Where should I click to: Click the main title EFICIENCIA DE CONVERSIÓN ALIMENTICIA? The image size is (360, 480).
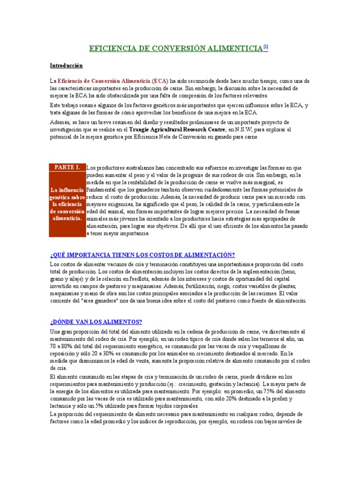coord(176,48)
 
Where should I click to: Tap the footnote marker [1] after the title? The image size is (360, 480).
coord(265,47)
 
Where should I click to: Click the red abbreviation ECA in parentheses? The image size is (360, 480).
coord(160,81)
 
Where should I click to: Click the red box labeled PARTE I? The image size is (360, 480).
coord(67,167)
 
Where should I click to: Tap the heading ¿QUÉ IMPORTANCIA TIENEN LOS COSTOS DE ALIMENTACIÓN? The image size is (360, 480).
coord(142,255)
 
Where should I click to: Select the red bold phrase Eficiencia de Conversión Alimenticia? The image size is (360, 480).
coord(104,81)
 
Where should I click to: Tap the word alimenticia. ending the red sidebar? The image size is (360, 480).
coord(67,218)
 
